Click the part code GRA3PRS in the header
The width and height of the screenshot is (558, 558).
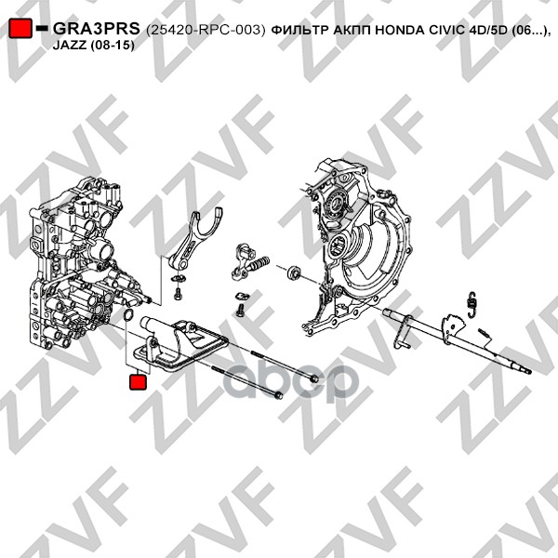[x=97, y=29]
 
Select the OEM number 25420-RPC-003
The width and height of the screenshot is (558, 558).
[x=206, y=31]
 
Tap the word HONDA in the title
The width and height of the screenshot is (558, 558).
[x=400, y=31]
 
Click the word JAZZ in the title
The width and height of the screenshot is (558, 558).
[x=69, y=46]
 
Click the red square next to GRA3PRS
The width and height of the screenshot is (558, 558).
[x=20, y=28]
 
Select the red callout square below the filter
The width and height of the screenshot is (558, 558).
[x=138, y=381]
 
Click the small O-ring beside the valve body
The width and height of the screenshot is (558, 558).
[x=128, y=314]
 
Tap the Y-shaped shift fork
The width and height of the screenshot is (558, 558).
[x=195, y=241]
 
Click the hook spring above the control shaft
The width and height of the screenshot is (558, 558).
[x=472, y=303]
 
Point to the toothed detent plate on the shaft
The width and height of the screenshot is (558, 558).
[x=453, y=325]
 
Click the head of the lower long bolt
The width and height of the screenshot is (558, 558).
[x=279, y=395]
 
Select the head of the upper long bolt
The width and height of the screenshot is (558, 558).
[x=312, y=379]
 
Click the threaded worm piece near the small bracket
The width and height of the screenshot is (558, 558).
[x=259, y=264]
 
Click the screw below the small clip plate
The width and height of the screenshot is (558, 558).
[x=240, y=311]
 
